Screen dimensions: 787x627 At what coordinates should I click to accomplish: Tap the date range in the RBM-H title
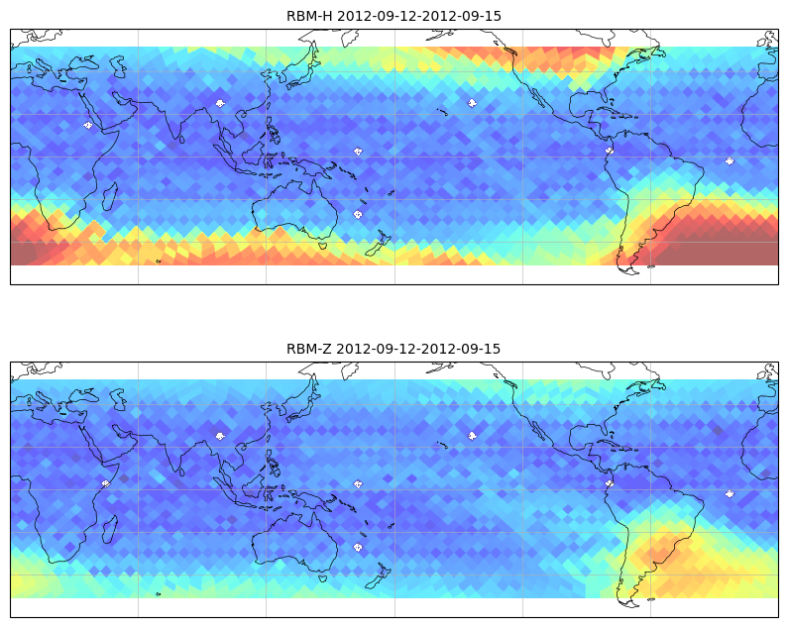pos(419,16)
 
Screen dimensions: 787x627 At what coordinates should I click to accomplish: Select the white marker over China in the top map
pos(220,103)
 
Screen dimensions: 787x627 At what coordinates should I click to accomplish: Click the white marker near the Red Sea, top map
pos(88,125)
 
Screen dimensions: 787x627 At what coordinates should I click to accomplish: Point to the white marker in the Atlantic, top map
pos(730,160)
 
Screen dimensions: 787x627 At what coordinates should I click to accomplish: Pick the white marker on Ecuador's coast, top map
pos(610,150)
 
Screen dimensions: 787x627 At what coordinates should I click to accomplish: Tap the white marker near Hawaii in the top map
pos(472,103)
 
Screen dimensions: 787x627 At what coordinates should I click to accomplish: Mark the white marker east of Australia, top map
pos(358,214)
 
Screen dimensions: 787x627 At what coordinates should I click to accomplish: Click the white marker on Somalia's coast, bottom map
pos(106,483)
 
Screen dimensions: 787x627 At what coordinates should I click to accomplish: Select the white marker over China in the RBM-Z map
pos(220,436)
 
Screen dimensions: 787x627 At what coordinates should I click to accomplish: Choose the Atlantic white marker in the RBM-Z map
pos(730,493)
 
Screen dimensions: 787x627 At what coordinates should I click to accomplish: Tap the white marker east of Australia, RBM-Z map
pos(358,547)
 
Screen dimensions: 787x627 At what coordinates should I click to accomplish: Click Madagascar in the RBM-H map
pos(110,196)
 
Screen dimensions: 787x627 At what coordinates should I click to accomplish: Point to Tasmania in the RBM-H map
pos(323,246)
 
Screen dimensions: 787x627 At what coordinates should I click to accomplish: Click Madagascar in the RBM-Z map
pos(110,529)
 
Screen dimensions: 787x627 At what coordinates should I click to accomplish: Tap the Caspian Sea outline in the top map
pos(118,66)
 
